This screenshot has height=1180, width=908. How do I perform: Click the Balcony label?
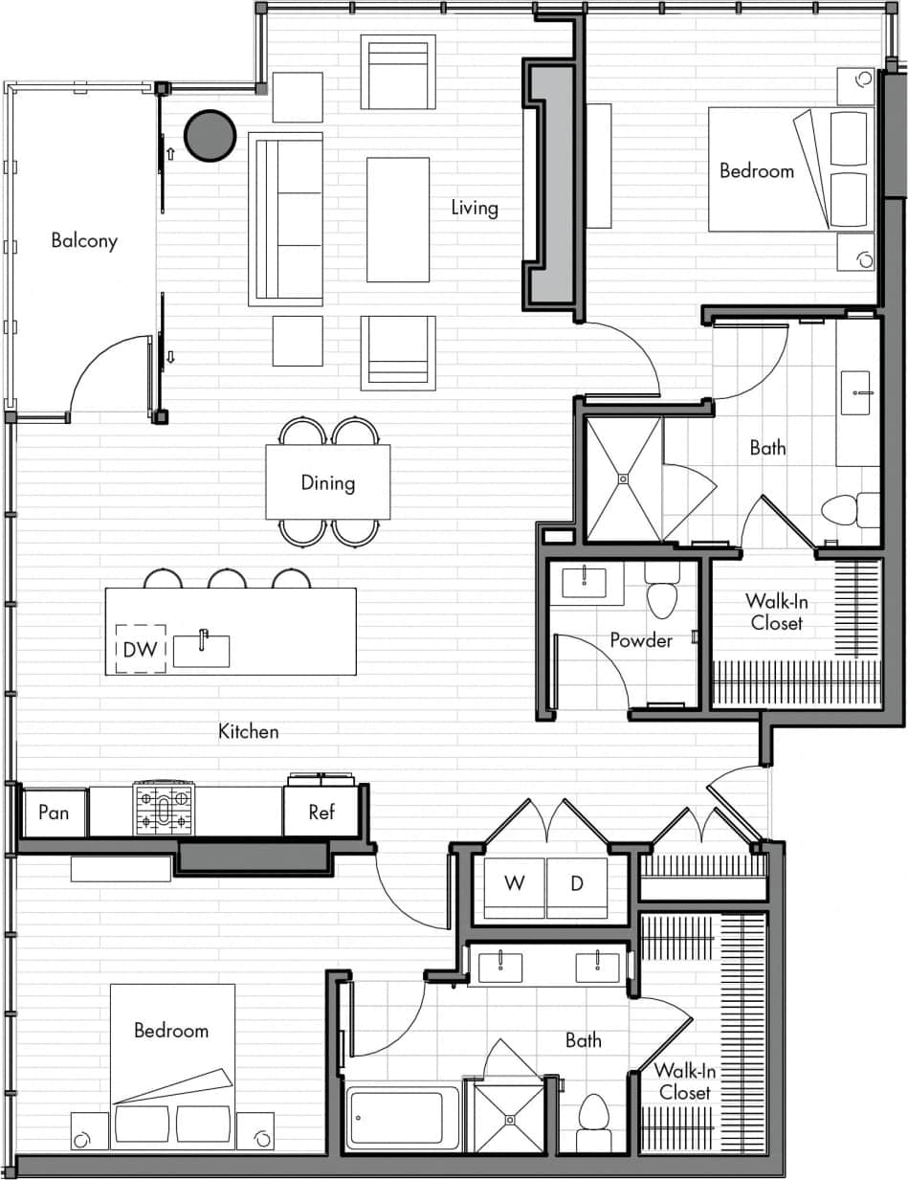click(x=84, y=240)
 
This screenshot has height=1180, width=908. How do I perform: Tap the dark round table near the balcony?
click(x=210, y=136)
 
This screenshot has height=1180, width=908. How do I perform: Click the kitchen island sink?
click(x=201, y=650)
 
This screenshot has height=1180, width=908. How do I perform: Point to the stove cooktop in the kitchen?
click(x=164, y=809)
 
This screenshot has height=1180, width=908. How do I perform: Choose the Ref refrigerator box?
click(x=321, y=813)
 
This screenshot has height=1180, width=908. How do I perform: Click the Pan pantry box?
click(x=54, y=813)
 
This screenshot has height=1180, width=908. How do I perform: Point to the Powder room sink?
click(x=584, y=582)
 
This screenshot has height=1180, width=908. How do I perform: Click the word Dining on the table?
click(x=327, y=482)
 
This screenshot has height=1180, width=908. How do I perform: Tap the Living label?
click(x=475, y=208)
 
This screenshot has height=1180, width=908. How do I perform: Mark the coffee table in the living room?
click(x=398, y=220)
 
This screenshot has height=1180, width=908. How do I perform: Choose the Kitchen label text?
click(x=249, y=732)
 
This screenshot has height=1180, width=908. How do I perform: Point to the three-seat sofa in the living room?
click(x=285, y=219)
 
